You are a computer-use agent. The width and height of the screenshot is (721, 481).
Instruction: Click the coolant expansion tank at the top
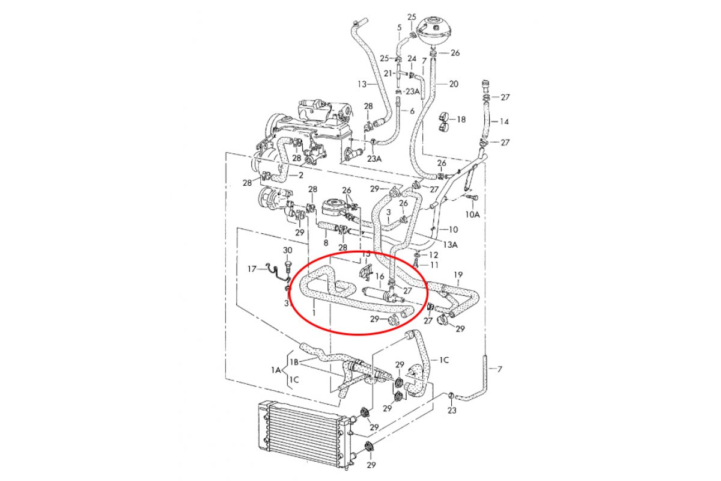(x=434, y=28)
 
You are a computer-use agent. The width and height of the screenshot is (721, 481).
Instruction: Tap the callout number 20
(x=454, y=84)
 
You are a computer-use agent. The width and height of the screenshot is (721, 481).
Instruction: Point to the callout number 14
(x=504, y=121)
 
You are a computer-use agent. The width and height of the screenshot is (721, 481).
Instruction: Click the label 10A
(x=472, y=214)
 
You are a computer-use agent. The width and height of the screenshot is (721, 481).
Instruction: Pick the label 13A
(x=451, y=244)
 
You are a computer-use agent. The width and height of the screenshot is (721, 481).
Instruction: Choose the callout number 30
(x=287, y=250)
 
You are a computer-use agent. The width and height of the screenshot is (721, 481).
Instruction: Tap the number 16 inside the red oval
(x=380, y=277)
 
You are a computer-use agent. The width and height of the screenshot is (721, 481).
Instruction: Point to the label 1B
(x=294, y=362)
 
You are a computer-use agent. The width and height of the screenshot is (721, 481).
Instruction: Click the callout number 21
(x=388, y=73)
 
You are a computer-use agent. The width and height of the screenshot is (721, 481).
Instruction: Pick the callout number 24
(x=412, y=58)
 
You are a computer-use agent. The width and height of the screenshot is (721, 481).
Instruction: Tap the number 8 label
(x=326, y=244)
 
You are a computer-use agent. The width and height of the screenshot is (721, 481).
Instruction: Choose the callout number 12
(x=434, y=255)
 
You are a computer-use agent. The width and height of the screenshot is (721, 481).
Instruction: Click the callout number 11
(x=434, y=265)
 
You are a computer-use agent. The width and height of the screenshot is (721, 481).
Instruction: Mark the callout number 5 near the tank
(x=399, y=28)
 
